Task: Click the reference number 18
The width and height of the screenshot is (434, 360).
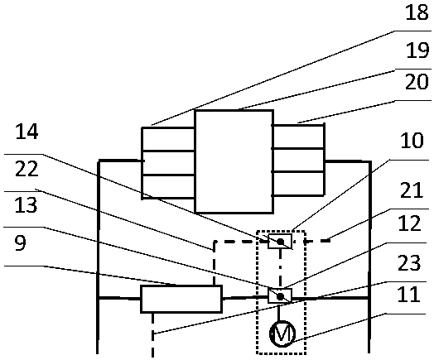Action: [417, 12]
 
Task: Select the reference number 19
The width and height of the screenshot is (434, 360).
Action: [417, 50]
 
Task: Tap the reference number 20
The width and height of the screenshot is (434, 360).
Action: [417, 82]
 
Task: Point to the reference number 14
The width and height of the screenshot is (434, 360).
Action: [27, 132]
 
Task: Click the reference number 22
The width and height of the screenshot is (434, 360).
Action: [27, 169]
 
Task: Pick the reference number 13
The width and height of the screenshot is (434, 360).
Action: [26, 205]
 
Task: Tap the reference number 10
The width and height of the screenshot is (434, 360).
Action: [412, 140]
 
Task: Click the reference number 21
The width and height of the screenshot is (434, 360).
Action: [412, 190]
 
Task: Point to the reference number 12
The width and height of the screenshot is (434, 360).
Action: [409, 223]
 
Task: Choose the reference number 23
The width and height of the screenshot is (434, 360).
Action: [409, 262]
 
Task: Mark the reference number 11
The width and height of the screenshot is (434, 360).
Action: [408, 294]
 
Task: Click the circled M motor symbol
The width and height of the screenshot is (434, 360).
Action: [282, 334]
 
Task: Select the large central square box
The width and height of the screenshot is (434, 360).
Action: [234, 161]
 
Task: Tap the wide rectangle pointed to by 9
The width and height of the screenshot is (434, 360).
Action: [181, 299]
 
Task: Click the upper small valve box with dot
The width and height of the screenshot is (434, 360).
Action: [280, 242]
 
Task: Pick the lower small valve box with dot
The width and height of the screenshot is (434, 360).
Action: [280, 295]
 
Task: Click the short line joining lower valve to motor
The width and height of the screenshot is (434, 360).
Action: [279, 312]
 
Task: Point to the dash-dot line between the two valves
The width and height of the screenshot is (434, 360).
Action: [281, 268]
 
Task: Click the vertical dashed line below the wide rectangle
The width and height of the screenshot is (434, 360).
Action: [152, 335]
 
